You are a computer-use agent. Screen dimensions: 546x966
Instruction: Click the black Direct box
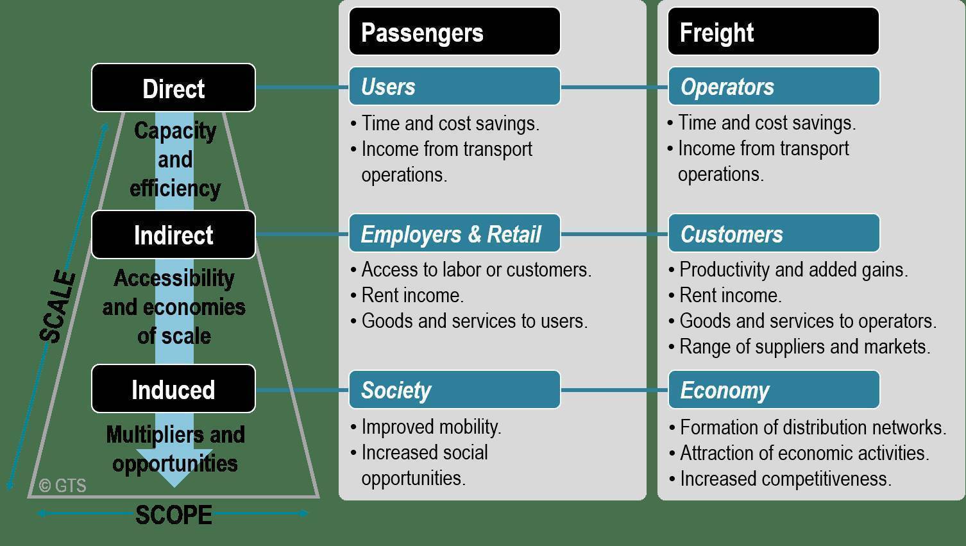tap(173, 88)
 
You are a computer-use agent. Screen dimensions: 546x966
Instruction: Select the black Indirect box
tap(173, 235)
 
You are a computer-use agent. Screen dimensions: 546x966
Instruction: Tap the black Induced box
tap(173, 389)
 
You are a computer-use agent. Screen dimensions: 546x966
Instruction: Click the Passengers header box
tap(454, 31)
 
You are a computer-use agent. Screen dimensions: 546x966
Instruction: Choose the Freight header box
tap(773, 31)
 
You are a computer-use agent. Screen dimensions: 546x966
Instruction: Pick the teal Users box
tap(454, 87)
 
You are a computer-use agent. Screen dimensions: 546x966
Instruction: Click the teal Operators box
tap(773, 87)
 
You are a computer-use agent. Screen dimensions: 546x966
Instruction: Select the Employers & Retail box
tap(454, 234)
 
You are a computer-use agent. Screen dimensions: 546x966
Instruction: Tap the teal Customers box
tap(773, 234)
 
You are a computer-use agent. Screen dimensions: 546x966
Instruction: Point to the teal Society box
tap(454, 389)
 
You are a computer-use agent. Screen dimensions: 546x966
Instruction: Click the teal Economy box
tap(773, 389)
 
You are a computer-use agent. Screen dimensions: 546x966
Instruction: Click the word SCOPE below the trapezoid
tap(173, 515)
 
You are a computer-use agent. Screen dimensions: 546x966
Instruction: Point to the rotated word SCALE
tap(58, 307)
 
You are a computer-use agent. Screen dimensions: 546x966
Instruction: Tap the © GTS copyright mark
tap(62, 486)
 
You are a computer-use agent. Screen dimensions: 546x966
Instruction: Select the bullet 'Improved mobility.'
tap(431, 427)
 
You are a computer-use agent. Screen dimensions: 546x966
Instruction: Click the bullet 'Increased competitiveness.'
tap(785, 479)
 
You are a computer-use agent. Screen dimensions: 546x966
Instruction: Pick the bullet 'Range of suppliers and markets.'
tap(804, 346)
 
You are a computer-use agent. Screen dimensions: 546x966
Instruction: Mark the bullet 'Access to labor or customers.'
tap(476, 269)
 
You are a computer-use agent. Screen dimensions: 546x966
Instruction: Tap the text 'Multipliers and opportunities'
tap(174, 448)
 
